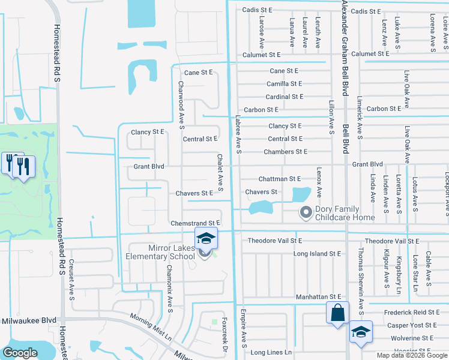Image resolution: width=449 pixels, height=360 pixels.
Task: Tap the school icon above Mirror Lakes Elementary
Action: point(206,239)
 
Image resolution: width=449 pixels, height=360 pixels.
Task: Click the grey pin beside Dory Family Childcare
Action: point(306,212)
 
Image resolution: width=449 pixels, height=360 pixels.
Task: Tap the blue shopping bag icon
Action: point(337,313)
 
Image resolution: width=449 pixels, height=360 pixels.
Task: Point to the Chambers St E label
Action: point(286,152)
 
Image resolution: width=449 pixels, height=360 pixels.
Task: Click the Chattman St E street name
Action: point(279,179)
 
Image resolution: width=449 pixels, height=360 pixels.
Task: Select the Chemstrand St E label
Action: point(196,223)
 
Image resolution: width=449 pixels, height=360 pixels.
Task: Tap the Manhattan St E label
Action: point(318,297)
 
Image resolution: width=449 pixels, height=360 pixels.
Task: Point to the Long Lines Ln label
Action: point(271,352)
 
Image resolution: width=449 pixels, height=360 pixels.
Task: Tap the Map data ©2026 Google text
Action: point(412,355)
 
